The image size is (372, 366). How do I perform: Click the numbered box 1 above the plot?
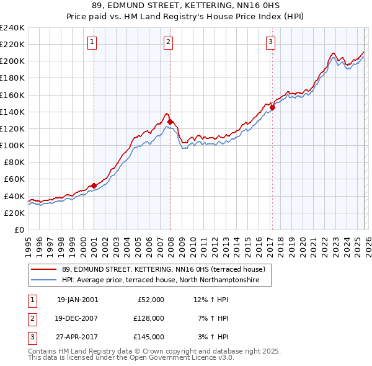tap(92, 42)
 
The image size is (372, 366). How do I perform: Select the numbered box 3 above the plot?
tap(271, 42)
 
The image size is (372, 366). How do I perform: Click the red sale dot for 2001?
tap(94, 185)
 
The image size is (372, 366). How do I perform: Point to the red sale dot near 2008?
tap(170, 122)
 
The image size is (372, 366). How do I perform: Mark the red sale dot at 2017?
tap(272, 107)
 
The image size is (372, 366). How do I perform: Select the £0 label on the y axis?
tap(19, 230)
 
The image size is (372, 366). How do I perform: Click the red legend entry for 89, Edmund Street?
tap(164, 270)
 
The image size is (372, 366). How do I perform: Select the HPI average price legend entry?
tap(167, 280)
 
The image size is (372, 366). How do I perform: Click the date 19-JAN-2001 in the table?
tap(77, 300)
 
